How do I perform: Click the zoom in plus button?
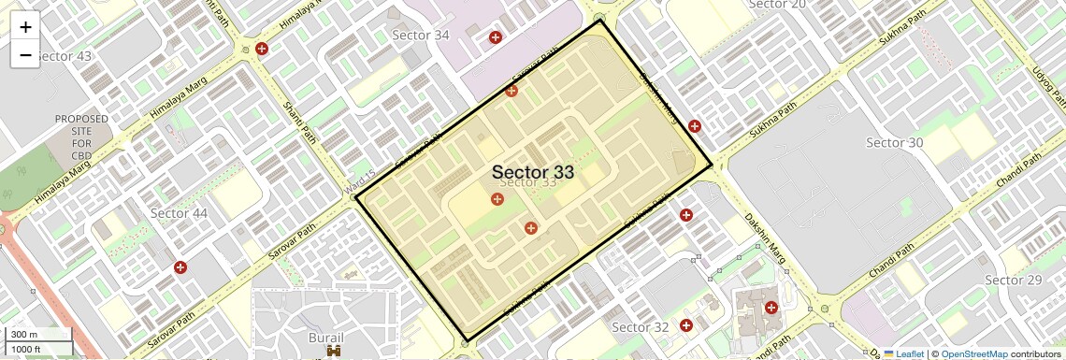pyautogui.click(x=25, y=27)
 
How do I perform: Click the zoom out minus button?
pyautogui.click(x=25, y=54)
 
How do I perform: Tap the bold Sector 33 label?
pyautogui.click(x=532, y=172)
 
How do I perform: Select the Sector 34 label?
pyautogui.click(x=420, y=36)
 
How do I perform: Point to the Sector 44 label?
pyautogui.click(x=179, y=213)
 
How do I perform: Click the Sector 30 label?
pyautogui.click(x=894, y=142)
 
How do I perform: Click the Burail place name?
pyautogui.click(x=325, y=337)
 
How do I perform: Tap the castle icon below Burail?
pyautogui.click(x=333, y=352)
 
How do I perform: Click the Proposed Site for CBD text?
pyautogui.click(x=81, y=137)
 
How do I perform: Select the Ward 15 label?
pyautogui.click(x=359, y=182)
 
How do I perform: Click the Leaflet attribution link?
pyautogui.click(x=904, y=353)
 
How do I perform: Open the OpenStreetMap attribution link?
pyautogui.click(x=973, y=353)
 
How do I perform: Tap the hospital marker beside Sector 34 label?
pyautogui.click(x=496, y=37)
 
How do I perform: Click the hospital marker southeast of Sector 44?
pyautogui.click(x=180, y=267)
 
